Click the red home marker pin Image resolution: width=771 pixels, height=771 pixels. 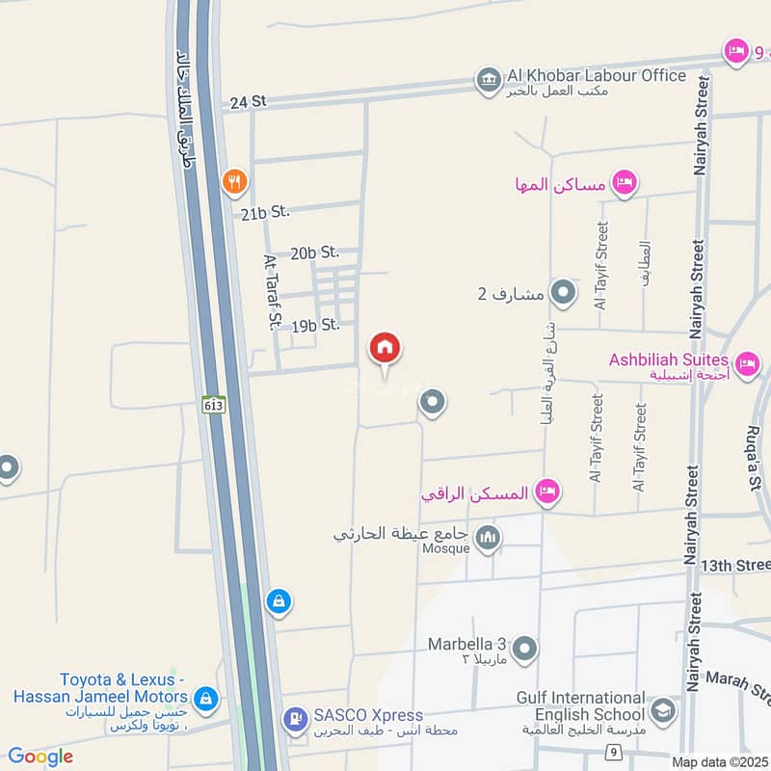click(385, 349)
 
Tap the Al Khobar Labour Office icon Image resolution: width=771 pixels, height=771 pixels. click(489, 80)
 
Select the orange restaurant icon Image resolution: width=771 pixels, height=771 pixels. click(232, 180)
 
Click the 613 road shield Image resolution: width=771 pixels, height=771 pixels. click(214, 404)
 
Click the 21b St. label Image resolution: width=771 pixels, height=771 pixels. click(265, 211)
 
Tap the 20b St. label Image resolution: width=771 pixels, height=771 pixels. click(315, 253)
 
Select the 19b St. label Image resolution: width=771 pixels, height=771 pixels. click(315, 326)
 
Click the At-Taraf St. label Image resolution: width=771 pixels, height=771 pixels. click(272, 291)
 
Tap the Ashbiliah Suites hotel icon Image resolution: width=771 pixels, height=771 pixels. click(746, 364)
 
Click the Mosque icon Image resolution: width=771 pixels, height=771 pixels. click(489, 538)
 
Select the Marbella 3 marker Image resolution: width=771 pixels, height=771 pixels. click(524, 650)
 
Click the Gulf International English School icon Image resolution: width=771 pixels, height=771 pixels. click(662, 711)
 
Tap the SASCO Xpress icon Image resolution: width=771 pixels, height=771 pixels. click(293, 718)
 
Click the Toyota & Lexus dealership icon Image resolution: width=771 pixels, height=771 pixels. click(204, 697)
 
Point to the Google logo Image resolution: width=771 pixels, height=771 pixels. click(40, 757)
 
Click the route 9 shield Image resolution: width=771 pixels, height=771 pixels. click(611, 751)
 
